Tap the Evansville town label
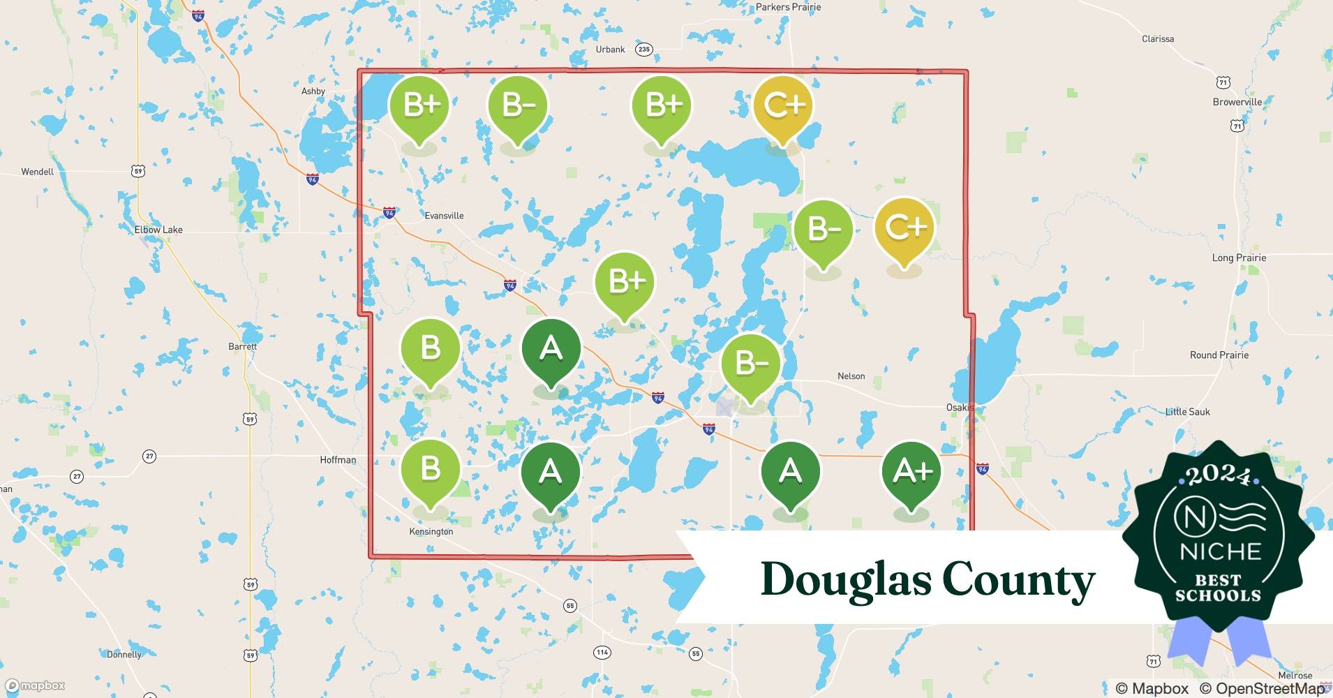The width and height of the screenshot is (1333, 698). coord(444,216)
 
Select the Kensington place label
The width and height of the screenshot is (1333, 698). coord(431,532)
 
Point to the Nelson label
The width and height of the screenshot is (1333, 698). coord(851,376)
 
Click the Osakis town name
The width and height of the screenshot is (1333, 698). coord(960,408)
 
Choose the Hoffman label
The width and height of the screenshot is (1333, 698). coord(338,460)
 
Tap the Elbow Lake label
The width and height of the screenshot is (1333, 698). coord(158,230)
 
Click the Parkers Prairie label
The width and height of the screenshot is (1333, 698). coord(789,7)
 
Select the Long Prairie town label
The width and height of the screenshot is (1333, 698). coord(1239,258)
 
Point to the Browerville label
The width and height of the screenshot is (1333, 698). coord(1237,102)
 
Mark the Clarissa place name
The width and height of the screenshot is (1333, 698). coord(1158,39)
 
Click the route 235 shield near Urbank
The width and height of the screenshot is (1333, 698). coord(643,50)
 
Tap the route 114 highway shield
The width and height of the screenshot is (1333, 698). coord(602,653)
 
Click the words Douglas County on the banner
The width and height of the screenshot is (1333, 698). coord(928,579)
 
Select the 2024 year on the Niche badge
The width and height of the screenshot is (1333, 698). coord(1219,476)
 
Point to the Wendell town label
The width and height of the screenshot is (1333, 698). coord(37,172)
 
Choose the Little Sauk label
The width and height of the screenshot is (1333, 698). coord(1188,412)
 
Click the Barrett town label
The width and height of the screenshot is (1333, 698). coord(243,347)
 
